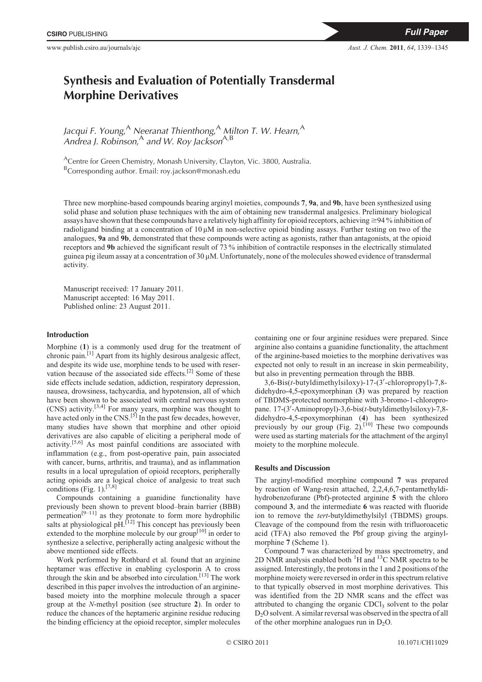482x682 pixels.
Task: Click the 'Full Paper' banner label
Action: [426, 32]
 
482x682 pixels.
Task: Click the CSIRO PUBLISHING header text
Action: [77, 34]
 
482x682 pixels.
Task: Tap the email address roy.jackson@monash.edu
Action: [200, 171]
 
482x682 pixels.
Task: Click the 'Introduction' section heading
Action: [68, 335]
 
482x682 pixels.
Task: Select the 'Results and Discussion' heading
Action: [292, 468]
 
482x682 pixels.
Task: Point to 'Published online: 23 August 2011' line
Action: [117, 306]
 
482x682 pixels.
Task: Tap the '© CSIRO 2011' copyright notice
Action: [247, 643]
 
